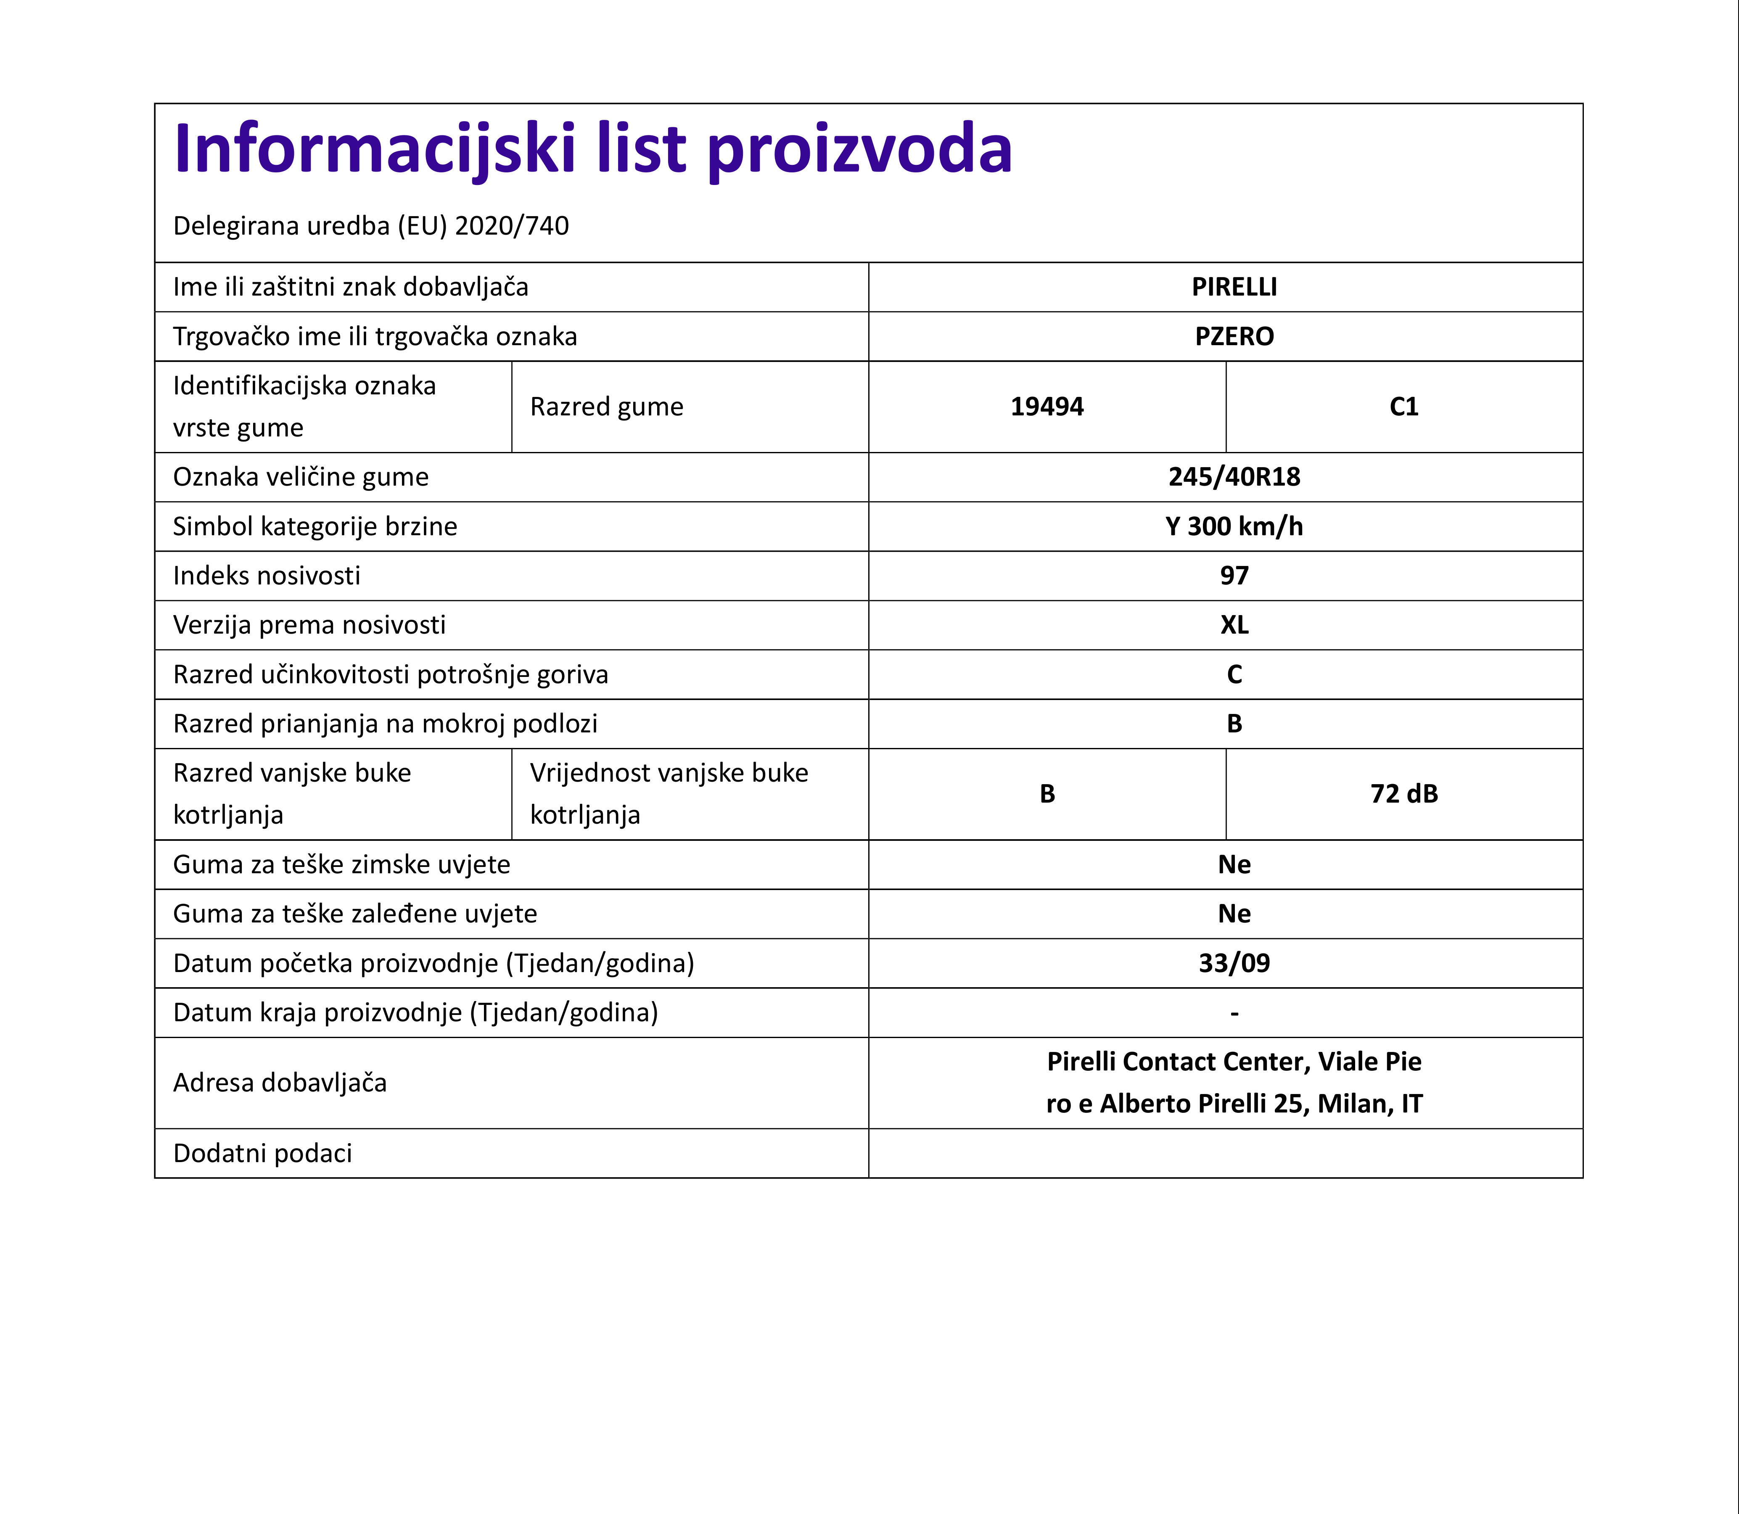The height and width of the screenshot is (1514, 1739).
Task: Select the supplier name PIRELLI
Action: (1234, 287)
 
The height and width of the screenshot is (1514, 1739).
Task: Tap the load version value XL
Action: (1234, 625)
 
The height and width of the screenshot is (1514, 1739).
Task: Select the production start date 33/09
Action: (1234, 963)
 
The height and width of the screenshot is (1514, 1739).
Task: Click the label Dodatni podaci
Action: (262, 1153)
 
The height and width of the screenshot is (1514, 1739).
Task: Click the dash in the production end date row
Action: (1234, 1013)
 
